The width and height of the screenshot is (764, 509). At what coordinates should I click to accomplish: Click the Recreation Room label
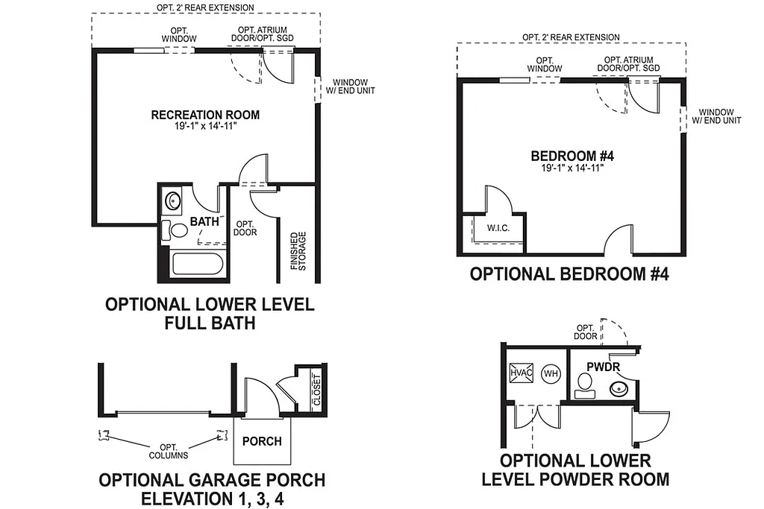[205, 115]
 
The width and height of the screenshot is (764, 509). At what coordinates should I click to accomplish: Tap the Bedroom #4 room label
[572, 156]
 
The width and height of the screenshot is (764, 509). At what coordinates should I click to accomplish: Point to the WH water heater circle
[551, 373]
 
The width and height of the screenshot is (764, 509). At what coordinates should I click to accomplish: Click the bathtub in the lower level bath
[198, 266]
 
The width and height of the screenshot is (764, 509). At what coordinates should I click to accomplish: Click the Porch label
[262, 440]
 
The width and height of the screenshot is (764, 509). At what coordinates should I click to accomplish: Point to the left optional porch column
[104, 435]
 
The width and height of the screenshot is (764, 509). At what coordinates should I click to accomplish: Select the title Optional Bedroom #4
[569, 274]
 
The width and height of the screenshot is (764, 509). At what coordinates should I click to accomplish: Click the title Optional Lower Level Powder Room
[575, 470]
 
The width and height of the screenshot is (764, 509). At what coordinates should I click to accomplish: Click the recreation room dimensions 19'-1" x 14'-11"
[205, 127]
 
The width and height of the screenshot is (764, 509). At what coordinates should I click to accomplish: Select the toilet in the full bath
[177, 231]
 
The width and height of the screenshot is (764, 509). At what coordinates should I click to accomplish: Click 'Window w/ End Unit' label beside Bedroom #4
[716, 115]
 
